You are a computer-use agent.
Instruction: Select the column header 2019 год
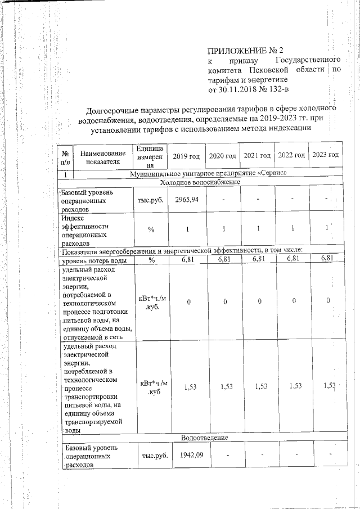[186, 156]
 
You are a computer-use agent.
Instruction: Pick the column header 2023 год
[326, 155]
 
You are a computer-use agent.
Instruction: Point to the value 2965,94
[187, 200]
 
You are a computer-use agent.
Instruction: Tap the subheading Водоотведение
[204, 438]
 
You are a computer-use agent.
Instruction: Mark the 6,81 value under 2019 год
[187, 259]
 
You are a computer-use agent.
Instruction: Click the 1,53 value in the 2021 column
[260, 386]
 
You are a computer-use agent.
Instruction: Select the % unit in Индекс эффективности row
[151, 229]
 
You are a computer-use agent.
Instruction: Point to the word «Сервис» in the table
[272, 173]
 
